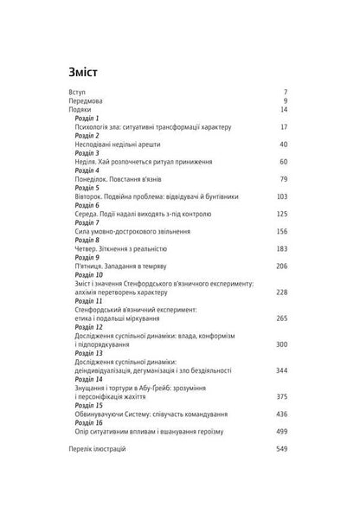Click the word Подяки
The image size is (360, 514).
pos(80,110)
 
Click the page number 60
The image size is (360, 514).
pos(282,162)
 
